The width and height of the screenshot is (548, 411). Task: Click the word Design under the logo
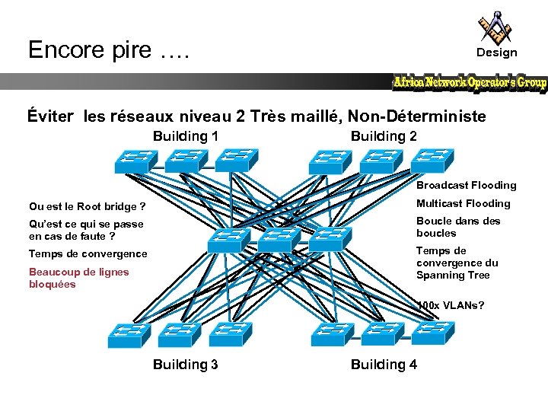coord(496,53)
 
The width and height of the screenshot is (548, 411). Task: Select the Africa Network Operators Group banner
coord(470,82)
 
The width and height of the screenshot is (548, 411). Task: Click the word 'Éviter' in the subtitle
coord(51,116)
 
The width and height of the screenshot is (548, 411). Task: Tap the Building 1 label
coord(186,136)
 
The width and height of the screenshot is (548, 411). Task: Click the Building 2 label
coord(384,136)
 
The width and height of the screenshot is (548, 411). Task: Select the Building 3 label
coord(186,365)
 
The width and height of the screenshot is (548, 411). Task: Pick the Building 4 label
coord(384,365)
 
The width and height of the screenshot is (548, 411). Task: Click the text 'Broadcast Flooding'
coord(466,185)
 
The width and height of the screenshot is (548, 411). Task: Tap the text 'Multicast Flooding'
coord(463,203)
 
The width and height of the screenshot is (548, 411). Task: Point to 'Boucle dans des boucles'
coord(458,227)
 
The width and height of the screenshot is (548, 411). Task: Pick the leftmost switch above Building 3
coord(129,333)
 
